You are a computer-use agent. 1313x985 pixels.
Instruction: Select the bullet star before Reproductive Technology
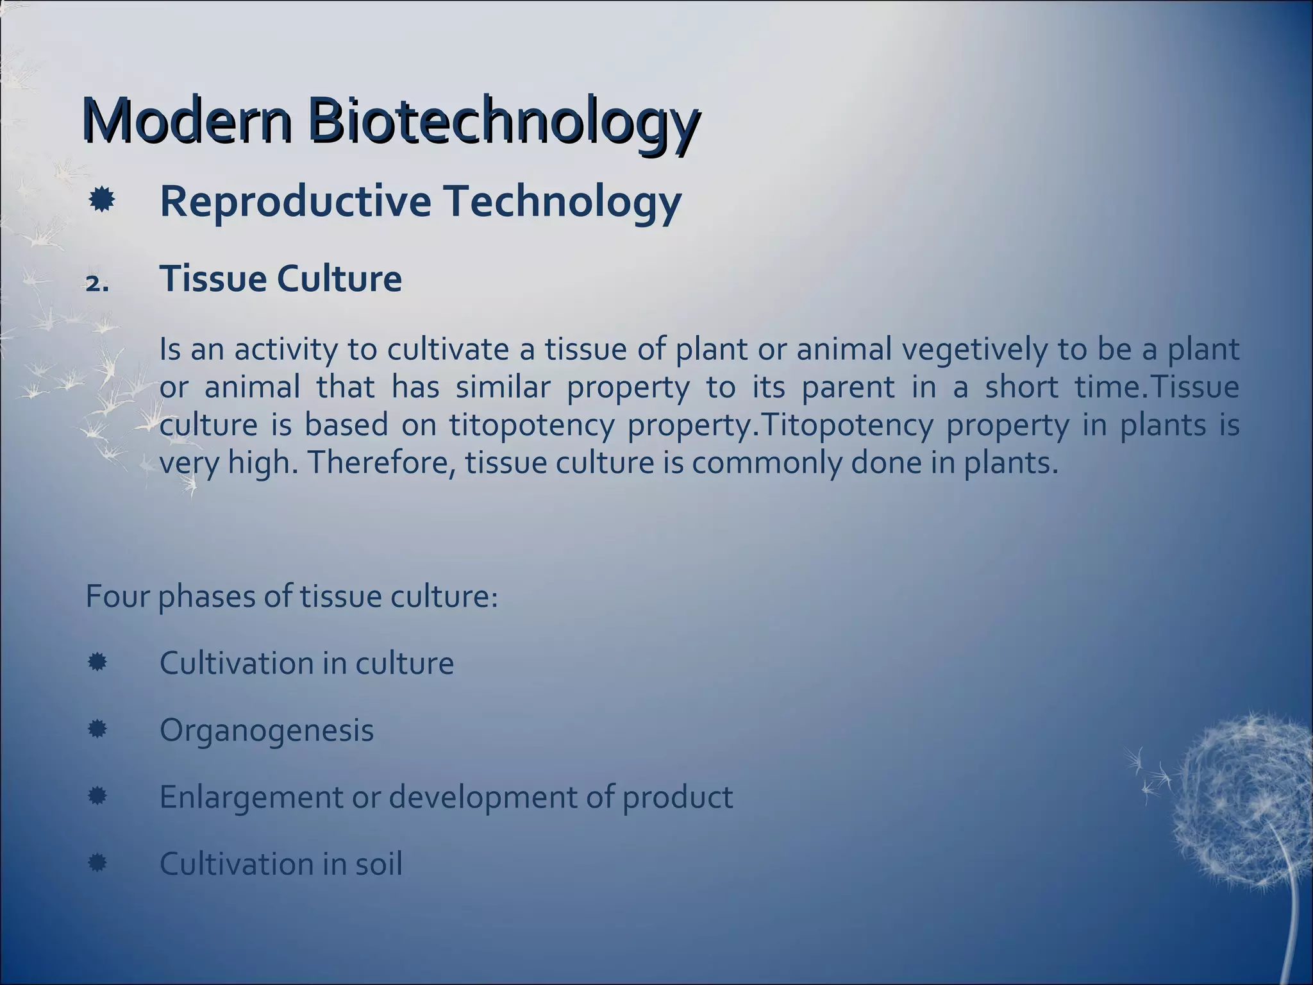point(101,201)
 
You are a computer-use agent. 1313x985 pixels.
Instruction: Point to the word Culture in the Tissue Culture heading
point(339,279)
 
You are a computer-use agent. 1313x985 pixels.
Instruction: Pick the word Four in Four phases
point(117,596)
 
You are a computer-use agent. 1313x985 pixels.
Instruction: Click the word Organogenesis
point(266,730)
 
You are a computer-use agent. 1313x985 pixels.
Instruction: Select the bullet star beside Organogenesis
point(97,729)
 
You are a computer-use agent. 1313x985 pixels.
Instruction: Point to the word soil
point(378,864)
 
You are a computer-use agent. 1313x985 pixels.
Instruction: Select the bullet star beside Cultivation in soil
point(97,863)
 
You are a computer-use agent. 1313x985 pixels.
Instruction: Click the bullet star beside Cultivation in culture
point(97,662)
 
